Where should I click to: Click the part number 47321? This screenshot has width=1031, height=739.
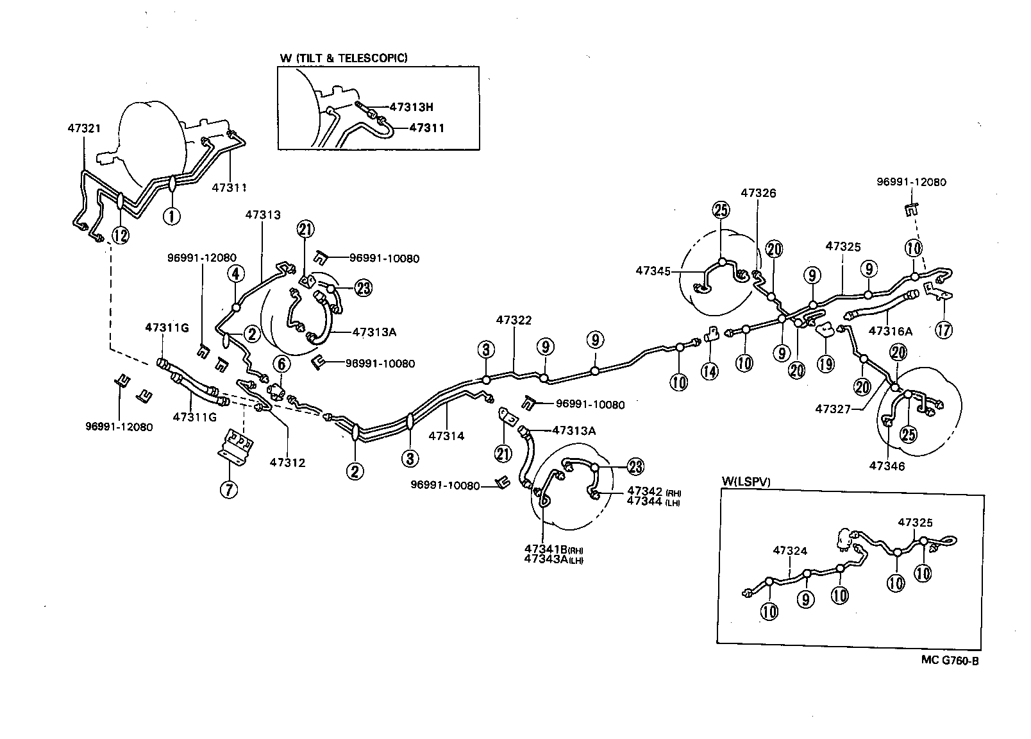(84, 128)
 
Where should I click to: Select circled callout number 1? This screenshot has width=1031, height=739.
(171, 216)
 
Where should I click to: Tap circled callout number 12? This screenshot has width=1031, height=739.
(121, 235)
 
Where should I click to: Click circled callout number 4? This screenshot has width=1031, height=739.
(236, 275)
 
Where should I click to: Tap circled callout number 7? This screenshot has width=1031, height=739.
(228, 489)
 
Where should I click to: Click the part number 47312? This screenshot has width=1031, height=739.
(287, 462)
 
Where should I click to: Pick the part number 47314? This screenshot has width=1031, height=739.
(446, 436)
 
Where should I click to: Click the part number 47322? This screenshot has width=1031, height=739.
(513, 319)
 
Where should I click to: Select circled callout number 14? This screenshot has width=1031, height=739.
(709, 370)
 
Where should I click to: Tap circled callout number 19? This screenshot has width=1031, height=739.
(826, 364)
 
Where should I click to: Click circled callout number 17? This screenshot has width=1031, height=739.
(944, 330)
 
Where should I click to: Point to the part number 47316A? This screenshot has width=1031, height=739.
(890, 331)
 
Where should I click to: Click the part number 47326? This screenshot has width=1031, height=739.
(759, 192)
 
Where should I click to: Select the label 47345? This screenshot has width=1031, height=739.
(653, 271)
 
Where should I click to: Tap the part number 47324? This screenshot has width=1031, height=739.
(790, 550)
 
